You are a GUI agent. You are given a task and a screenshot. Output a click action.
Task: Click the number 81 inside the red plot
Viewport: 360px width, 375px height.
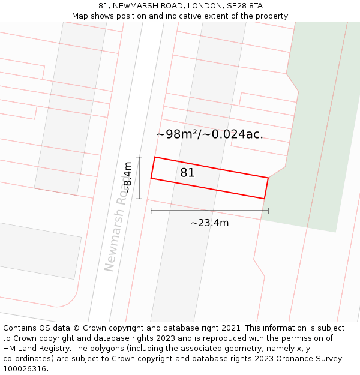tap(187, 173)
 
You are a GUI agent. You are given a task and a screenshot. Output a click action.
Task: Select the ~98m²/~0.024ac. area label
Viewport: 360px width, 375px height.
tap(209, 134)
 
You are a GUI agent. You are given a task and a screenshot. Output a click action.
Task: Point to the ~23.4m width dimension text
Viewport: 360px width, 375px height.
tap(209, 223)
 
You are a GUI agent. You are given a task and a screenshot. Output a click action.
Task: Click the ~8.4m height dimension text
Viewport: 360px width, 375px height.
tap(127, 178)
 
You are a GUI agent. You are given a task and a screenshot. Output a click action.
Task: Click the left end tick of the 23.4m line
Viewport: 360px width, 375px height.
tap(151, 211)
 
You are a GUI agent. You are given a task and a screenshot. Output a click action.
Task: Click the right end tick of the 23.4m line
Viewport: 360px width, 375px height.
tap(268, 211)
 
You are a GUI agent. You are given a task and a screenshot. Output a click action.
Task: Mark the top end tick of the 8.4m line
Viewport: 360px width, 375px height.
tap(139, 157)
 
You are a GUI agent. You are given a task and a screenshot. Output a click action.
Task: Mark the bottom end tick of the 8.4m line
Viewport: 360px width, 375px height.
tap(139, 199)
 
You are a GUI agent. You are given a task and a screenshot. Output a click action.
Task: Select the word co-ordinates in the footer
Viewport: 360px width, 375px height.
tap(28, 359)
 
